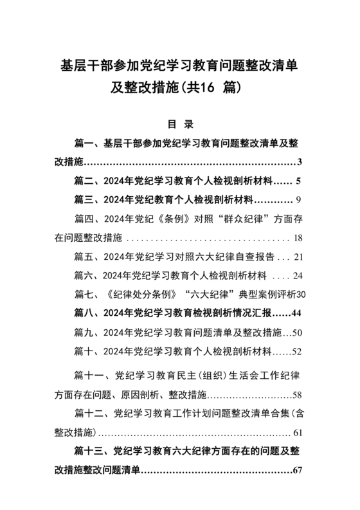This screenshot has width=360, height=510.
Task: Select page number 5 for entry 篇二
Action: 300,181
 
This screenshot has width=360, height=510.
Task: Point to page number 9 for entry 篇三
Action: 300,199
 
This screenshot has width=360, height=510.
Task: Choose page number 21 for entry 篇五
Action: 298,257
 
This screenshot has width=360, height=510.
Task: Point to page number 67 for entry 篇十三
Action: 297,469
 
